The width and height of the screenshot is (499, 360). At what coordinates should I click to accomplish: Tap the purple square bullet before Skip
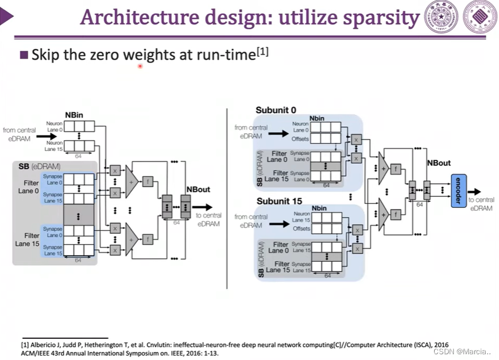[24, 55]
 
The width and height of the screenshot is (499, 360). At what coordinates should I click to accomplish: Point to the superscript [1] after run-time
[263, 52]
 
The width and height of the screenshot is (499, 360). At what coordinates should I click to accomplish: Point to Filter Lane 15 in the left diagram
[27, 239]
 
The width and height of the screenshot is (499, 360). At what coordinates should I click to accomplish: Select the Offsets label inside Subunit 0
[300, 139]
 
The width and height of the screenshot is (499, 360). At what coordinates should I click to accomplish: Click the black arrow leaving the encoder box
[475, 191]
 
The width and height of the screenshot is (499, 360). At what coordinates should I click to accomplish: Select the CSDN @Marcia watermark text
[462, 351]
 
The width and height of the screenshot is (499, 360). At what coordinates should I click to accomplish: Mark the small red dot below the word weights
[140, 67]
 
